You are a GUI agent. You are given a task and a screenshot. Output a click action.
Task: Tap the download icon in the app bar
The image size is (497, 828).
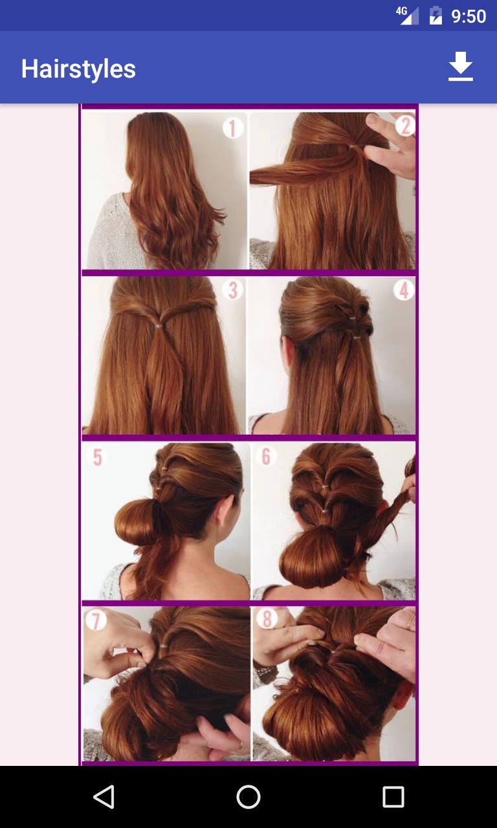pyautogui.click(x=461, y=67)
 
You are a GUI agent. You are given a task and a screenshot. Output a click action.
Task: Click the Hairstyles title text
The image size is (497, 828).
pyautogui.click(x=78, y=69)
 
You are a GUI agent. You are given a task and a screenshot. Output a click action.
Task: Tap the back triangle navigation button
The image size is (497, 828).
pyautogui.click(x=104, y=797)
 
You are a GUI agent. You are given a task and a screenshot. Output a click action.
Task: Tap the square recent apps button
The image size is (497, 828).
pyautogui.click(x=393, y=797)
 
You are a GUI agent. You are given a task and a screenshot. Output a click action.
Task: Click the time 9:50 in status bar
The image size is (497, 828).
pyautogui.click(x=469, y=16)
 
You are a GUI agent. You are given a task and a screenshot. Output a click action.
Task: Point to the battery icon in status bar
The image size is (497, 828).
pyautogui.click(x=436, y=16)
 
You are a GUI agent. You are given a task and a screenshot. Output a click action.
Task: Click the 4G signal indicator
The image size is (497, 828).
pyautogui.click(x=407, y=16)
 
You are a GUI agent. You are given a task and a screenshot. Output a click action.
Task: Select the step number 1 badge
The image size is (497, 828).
pyautogui.click(x=233, y=127)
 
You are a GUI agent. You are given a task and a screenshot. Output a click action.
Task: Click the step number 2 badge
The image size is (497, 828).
pyautogui.click(x=404, y=125)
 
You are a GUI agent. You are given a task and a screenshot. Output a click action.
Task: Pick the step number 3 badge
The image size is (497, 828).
pyautogui.click(x=232, y=290)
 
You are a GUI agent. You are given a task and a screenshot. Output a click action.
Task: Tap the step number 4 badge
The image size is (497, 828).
pyautogui.click(x=403, y=290)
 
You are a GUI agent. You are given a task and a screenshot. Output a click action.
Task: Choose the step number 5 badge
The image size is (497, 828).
pyautogui.click(x=97, y=457)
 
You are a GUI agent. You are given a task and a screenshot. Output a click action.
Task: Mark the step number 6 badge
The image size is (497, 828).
pyautogui.click(x=265, y=457)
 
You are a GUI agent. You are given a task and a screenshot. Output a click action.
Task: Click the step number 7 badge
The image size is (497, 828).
pyautogui.click(x=96, y=621)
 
